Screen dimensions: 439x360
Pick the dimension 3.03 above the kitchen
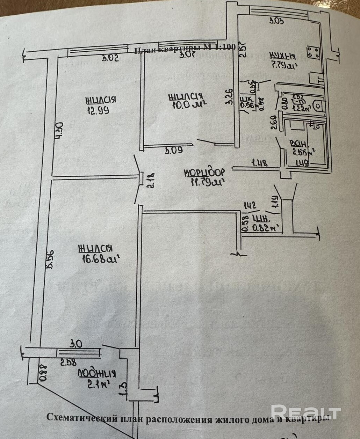pos(276,21)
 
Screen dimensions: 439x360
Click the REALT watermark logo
pos(306,412)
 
